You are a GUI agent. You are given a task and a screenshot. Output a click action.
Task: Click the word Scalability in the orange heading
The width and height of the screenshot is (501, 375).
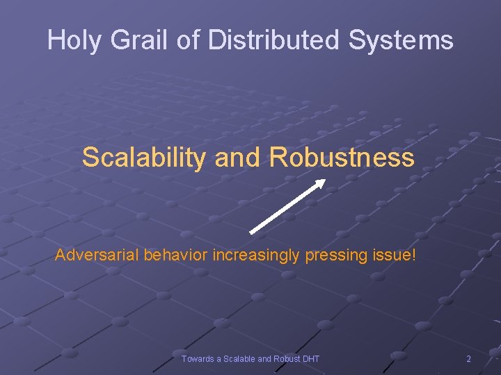pos(144,158)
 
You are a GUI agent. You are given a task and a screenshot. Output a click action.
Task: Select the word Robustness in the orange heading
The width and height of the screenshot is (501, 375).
pos(342,158)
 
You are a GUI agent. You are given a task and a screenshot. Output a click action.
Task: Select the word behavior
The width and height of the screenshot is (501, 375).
pos(176,255)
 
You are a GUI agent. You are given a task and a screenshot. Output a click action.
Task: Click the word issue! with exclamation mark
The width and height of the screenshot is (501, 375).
pos(395,255)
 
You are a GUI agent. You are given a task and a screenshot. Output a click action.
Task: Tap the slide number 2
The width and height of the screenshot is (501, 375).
pos(468,359)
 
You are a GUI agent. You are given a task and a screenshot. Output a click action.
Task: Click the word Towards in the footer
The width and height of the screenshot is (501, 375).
pos(198,359)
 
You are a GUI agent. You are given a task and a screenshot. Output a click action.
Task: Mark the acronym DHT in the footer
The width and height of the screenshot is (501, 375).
pos(311,359)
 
